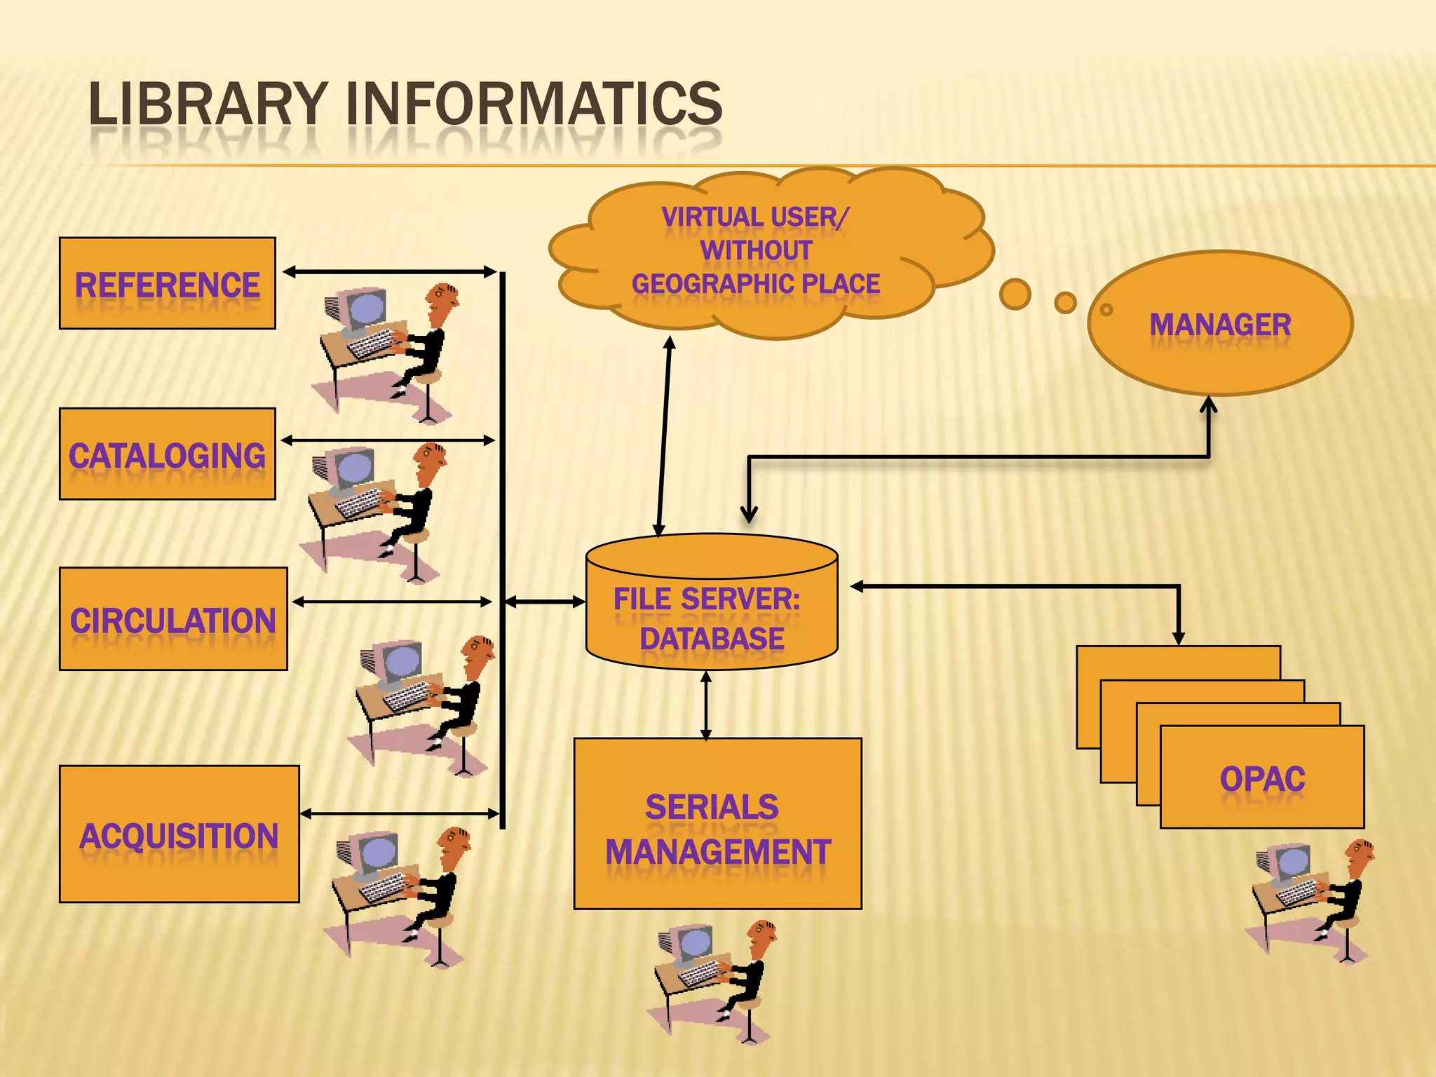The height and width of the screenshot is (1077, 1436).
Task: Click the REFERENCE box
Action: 167,283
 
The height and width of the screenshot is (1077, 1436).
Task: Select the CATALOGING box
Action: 167,454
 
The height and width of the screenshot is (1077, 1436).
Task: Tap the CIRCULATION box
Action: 173,619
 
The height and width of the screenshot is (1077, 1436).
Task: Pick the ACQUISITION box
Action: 179,834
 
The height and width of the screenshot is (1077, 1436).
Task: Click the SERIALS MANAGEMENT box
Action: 717,824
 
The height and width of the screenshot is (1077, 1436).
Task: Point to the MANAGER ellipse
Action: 1220,324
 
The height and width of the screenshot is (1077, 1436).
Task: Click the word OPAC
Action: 1262,779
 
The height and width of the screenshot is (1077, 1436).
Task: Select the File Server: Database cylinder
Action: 711,610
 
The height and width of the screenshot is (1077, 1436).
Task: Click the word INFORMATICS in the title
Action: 534,104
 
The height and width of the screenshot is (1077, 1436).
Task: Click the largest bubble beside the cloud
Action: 1015,294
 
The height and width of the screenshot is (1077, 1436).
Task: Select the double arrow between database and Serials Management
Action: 705,705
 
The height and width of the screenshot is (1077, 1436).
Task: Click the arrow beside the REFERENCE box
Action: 389,271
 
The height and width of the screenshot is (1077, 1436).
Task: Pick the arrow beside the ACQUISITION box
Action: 400,813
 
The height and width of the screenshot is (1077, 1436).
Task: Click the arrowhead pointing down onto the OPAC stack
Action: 1179,637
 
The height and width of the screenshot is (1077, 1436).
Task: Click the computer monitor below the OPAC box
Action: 1291,863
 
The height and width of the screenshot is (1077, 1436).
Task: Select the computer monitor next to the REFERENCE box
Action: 364,309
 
